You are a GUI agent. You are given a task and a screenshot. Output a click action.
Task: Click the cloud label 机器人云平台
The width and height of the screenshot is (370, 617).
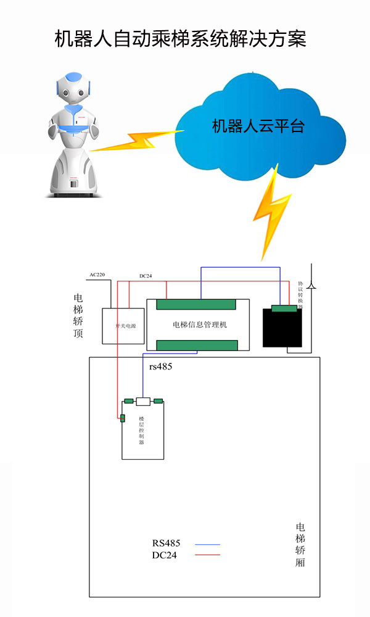[x=258, y=126]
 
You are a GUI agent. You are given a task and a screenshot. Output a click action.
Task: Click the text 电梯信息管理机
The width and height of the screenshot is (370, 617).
[x=199, y=325]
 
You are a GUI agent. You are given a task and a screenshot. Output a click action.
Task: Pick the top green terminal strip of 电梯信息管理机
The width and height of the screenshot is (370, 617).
[x=196, y=305]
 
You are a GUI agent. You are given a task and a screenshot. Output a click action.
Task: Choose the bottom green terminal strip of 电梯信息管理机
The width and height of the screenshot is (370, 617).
[x=197, y=345]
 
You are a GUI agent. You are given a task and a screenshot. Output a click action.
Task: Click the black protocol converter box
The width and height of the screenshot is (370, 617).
[x=282, y=328]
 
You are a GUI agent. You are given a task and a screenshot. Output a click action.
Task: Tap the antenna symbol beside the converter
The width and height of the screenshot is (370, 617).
[x=312, y=285]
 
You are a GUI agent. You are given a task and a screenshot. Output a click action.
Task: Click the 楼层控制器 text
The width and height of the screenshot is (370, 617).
[x=141, y=431]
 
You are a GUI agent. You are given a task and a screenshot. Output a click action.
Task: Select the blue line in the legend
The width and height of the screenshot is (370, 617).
[x=207, y=544]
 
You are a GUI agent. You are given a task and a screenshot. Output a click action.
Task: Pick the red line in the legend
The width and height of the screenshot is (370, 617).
[x=207, y=555]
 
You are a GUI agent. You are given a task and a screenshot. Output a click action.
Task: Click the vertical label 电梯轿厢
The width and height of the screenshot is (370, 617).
[x=300, y=545]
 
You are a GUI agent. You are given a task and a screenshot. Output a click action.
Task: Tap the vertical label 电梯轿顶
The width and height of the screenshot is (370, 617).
[x=78, y=316]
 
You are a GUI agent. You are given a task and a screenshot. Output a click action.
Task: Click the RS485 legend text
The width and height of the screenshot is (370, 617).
[x=166, y=544]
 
